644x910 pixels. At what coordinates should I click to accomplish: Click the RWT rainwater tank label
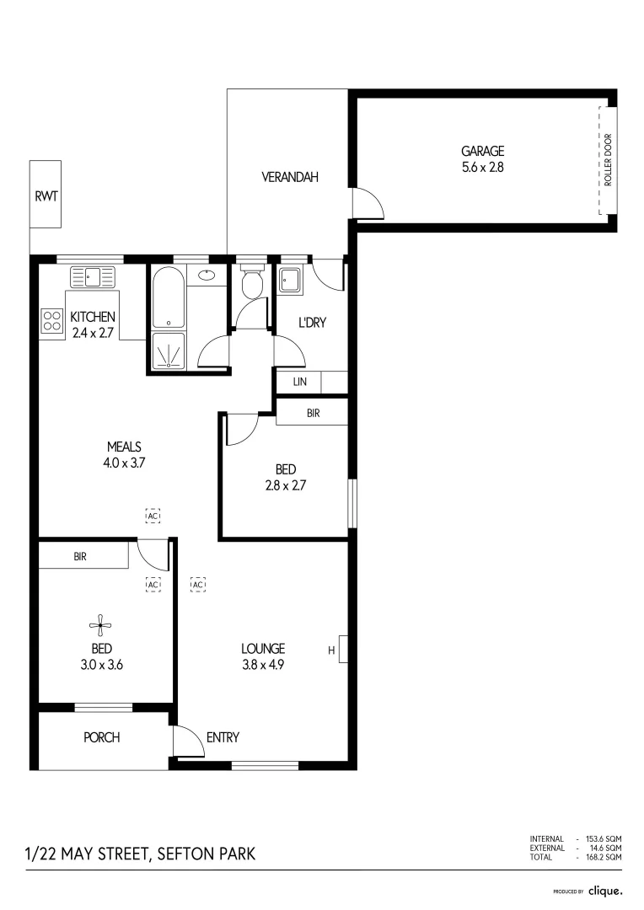tap(46, 196)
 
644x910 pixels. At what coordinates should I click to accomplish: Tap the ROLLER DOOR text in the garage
tap(607, 160)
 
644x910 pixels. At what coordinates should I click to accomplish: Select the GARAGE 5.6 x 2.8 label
tap(482, 158)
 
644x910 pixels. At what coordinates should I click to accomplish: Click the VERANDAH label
tap(289, 177)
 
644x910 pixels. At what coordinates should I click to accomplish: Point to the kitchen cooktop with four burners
tap(52, 320)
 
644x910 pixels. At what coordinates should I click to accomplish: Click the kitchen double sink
tap(94, 276)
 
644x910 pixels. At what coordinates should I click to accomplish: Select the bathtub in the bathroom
tap(169, 298)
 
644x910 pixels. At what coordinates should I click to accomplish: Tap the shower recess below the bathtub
tap(169, 351)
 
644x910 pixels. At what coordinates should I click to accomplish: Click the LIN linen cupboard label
tap(300, 382)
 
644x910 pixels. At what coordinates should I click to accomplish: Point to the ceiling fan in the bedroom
tap(101, 625)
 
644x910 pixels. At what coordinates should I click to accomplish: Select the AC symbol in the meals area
tap(153, 515)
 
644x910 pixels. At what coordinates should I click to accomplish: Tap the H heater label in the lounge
tap(331, 650)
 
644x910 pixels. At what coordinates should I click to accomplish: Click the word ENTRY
tap(223, 737)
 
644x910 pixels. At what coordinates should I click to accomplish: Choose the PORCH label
tap(101, 737)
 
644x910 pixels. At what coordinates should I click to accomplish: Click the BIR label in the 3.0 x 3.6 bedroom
tap(81, 556)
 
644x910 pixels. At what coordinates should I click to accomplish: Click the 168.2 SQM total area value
tap(604, 857)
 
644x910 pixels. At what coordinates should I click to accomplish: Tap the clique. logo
tap(605, 890)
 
